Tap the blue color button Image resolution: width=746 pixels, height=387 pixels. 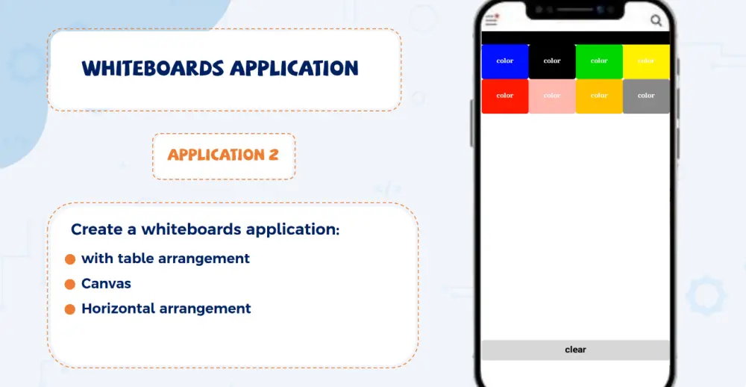coord(505,61)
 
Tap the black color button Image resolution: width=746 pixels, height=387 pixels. coord(552,61)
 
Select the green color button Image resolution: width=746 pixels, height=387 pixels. coord(599,61)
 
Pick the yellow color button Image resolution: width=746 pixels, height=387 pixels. coord(646,61)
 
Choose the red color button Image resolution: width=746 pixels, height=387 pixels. coord(505,96)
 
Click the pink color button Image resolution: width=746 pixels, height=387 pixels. coord(552,96)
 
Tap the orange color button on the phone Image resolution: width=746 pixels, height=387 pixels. coord(599,96)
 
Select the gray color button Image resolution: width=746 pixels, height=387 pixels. coord(646,96)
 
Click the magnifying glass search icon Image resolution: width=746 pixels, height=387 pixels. coord(656,21)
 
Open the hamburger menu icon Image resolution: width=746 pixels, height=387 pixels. coord(491,21)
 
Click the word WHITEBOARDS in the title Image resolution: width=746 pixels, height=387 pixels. coord(152,69)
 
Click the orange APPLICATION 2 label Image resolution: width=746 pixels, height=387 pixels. coord(223,155)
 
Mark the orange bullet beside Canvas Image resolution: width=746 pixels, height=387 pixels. coord(70,284)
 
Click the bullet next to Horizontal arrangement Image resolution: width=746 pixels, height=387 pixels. coord(70,309)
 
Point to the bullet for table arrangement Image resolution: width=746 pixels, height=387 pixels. coord(70,259)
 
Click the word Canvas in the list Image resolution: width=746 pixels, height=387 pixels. coord(106,284)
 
